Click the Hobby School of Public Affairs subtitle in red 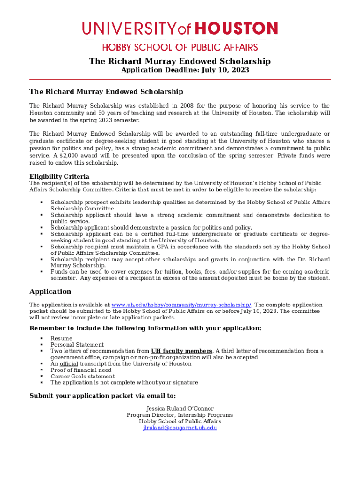pyautogui.click(x=180, y=47)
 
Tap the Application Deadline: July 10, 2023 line pyautogui.click(x=185, y=70)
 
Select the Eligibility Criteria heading pyautogui.click(x=59, y=177)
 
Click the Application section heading pyautogui.click(x=50, y=292)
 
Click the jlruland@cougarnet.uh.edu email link pyautogui.click(x=180, y=428)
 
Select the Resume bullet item pyautogui.click(x=61, y=338)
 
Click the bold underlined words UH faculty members pyautogui.click(x=181, y=351)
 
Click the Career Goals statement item pyautogui.click(x=82, y=376)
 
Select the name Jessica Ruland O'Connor pyautogui.click(x=180, y=408)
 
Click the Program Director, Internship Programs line pyautogui.click(x=180, y=415)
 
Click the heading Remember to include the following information pyautogui.click(x=145, y=328)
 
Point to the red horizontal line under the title pyautogui.click(x=180, y=80)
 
